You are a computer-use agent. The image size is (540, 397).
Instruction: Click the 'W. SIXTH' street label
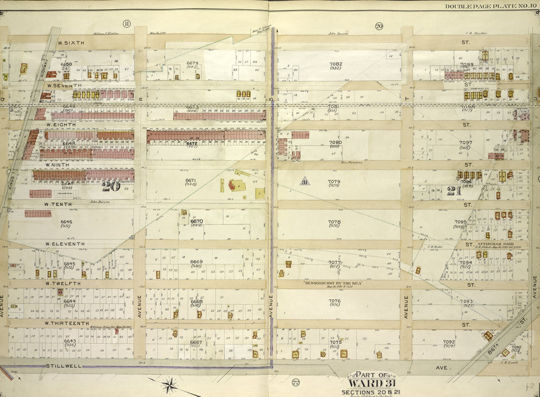tap(68, 43)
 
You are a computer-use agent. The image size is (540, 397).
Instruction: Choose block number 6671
tap(190, 181)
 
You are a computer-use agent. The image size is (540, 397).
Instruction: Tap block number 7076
tap(334, 301)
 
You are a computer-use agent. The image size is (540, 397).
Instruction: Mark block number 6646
tap(66, 222)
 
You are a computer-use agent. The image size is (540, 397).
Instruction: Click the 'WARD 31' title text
tap(367, 383)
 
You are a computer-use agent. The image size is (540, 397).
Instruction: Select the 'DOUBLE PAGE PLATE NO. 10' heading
tap(490, 6)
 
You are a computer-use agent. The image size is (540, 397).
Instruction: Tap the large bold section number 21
tap(454, 191)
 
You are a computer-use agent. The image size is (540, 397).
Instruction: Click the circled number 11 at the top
tap(127, 23)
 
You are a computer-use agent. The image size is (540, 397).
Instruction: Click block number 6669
tap(196, 262)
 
